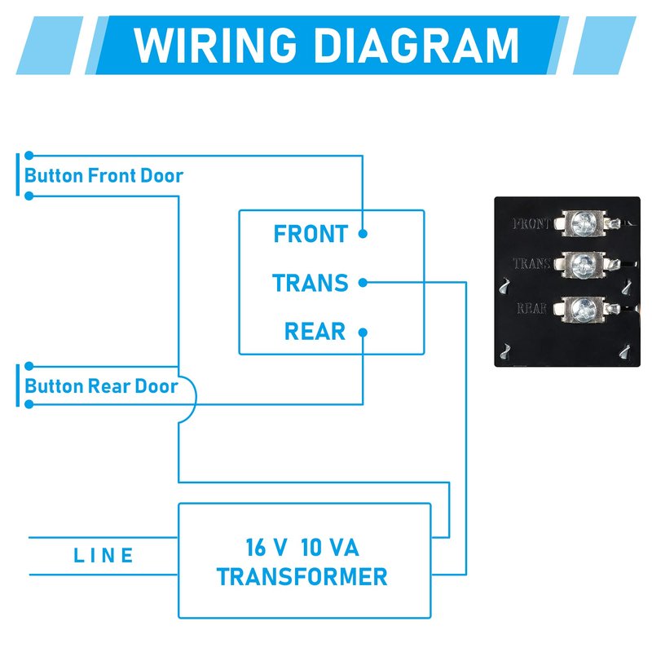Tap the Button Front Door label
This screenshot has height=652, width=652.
pyautogui.click(x=104, y=175)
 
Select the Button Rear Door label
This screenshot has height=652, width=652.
pyautogui.click(x=101, y=385)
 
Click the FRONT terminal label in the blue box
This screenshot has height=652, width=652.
pyautogui.click(x=311, y=234)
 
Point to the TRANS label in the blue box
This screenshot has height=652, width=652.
pyautogui.click(x=310, y=283)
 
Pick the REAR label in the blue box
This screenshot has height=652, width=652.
pyautogui.click(x=315, y=332)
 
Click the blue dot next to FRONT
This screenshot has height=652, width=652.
pyautogui.click(x=363, y=234)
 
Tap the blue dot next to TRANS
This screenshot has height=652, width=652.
pyautogui.click(x=363, y=283)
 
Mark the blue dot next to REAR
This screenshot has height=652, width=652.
pyautogui.click(x=363, y=332)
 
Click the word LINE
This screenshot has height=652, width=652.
pyautogui.click(x=104, y=556)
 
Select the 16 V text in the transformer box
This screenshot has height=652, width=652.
pyautogui.click(x=264, y=546)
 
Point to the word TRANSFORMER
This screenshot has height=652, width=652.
pyautogui.click(x=302, y=577)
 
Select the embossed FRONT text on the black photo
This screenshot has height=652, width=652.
pyautogui.click(x=532, y=222)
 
